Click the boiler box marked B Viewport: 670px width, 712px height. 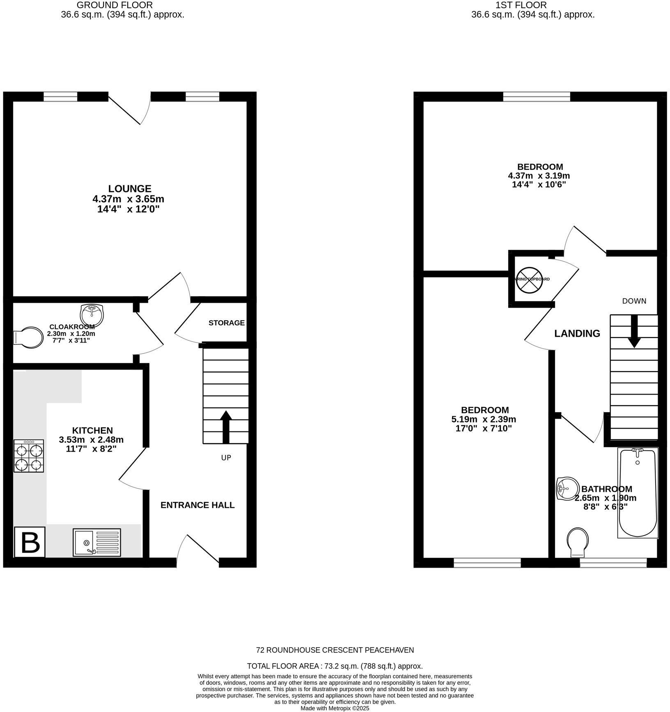tap(30, 542)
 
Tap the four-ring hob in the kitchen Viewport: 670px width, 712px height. tap(29, 456)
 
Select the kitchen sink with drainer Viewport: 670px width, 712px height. tap(97, 542)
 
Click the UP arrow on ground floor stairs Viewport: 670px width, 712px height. tap(226, 427)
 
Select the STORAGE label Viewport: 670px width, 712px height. tap(226, 323)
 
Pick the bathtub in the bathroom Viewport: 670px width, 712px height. tap(638, 493)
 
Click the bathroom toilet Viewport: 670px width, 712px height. tap(578, 542)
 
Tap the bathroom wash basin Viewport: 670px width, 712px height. tap(567, 488)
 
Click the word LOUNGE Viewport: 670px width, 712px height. tap(130, 189)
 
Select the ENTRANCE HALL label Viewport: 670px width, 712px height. tap(197, 505)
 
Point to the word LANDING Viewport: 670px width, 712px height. tap(577, 333)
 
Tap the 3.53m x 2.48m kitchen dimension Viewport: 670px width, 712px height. tap(91, 440)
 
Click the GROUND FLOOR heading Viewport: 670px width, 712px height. tap(115, 5)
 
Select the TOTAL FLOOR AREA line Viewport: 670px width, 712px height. tap(335, 666)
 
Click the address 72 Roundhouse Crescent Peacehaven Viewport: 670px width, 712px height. tap(335, 650)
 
